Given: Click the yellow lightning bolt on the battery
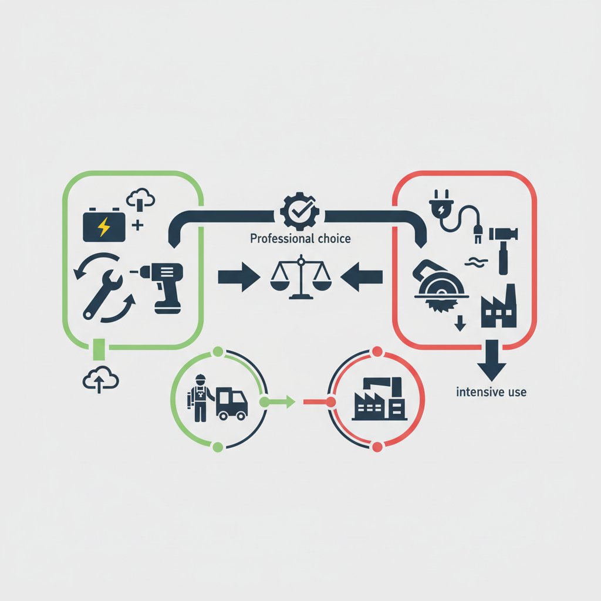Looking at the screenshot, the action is coord(103,227).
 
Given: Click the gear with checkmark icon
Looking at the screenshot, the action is coord(300,211).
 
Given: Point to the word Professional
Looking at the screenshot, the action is coord(278,239).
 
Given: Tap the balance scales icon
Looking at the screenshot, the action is coord(300,276).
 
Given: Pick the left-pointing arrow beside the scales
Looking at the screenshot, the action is coord(362,277).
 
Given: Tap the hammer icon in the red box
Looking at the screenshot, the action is coord(503,251).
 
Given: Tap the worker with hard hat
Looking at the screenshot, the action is coord(200,399).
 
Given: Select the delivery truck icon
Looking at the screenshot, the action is coord(231,404).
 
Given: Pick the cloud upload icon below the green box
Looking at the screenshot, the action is coord(100,380).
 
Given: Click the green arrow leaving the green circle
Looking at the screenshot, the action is coord(278,402).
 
